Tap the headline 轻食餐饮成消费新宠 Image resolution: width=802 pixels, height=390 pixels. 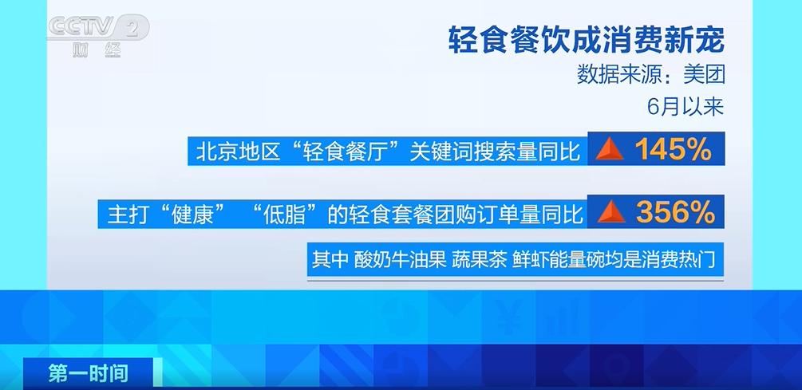(x=587, y=41)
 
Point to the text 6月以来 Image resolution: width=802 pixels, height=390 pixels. (x=685, y=107)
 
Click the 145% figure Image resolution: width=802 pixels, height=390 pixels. (x=673, y=150)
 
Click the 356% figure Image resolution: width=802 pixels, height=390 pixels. (x=675, y=213)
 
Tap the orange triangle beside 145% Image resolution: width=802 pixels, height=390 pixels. (x=610, y=150)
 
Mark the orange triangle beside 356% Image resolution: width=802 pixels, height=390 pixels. (x=610, y=213)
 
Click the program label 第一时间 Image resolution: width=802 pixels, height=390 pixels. (x=89, y=373)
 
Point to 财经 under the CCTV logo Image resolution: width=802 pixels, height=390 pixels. (x=97, y=50)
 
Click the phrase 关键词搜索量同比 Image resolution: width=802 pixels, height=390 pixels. (x=495, y=152)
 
